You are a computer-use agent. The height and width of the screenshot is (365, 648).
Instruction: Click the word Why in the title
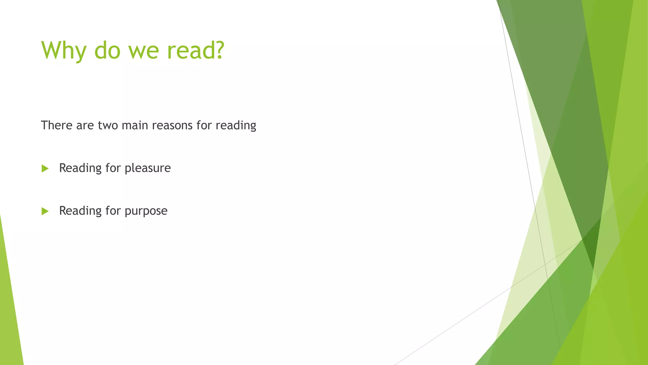(x=64, y=50)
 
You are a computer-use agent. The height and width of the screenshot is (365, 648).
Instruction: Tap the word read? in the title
(x=196, y=50)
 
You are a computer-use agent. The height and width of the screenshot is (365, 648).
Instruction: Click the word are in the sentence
(x=85, y=125)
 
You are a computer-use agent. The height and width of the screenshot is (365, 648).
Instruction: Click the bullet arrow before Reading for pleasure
(x=45, y=169)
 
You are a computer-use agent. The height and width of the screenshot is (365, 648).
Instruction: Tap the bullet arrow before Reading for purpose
(x=45, y=211)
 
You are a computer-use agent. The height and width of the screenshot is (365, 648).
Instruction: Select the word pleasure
(x=148, y=168)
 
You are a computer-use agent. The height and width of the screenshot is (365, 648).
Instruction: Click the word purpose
(x=146, y=211)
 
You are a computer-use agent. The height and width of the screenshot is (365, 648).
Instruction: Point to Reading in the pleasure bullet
(x=80, y=168)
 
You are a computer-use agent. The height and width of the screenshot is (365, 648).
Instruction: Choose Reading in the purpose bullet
(x=80, y=211)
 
